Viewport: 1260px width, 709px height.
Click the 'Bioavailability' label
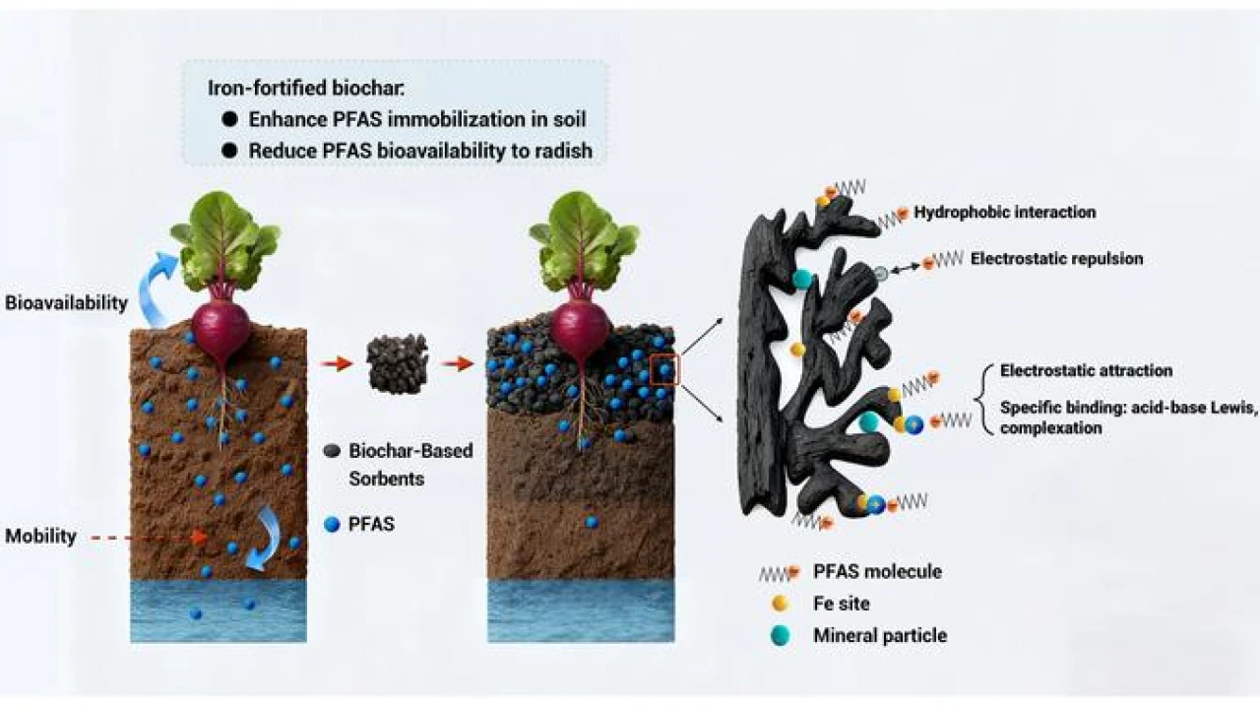click(x=66, y=302)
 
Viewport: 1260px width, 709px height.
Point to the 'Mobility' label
click(x=41, y=537)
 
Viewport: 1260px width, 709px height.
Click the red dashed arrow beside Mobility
click(x=148, y=538)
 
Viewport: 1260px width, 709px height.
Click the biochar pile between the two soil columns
click(x=398, y=362)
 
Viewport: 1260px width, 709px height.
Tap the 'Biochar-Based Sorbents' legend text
click(x=410, y=465)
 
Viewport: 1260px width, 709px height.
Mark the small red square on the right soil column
click(x=664, y=370)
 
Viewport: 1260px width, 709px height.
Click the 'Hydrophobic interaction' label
click(x=1004, y=212)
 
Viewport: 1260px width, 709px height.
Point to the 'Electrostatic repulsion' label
click(x=1056, y=259)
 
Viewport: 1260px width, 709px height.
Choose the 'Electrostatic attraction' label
click(x=1086, y=371)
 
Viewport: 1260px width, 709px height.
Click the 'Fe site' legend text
click(x=842, y=604)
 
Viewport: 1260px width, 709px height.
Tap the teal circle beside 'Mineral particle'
click(x=780, y=635)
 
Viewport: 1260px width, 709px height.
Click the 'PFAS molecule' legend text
click(x=877, y=572)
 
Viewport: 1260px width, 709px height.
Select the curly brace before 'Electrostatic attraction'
click(x=981, y=399)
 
